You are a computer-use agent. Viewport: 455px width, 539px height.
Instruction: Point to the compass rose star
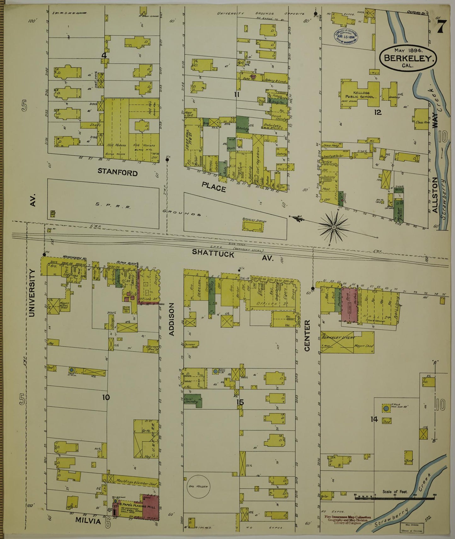pos(333,226)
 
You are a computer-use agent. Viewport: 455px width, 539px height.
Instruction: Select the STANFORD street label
pos(117,172)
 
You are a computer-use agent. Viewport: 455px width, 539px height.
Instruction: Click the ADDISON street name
pos(172,319)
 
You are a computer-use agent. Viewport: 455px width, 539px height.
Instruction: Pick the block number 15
pos(240,402)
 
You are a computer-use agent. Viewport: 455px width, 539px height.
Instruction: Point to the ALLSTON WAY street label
pos(435,195)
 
